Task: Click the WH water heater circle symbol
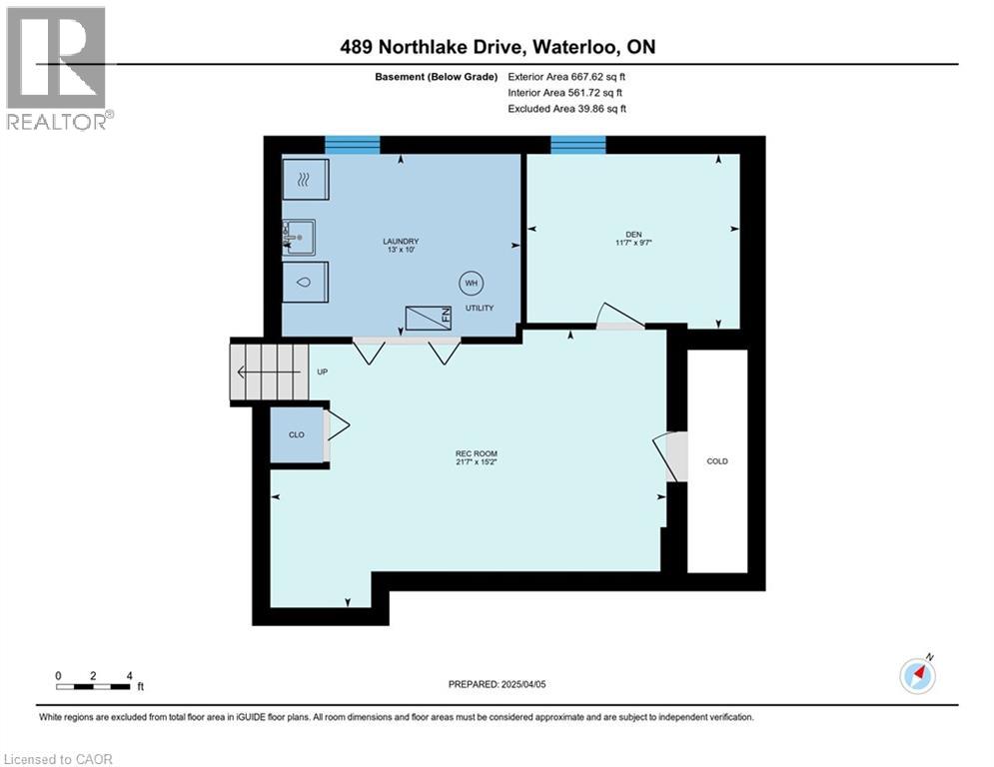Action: pyautogui.click(x=470, y=284)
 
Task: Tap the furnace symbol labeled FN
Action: pyautogui.click(x=429, y=318)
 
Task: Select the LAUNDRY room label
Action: pyautogui.click(x=401, y=241)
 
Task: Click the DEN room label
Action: pyautogui.click(x=633, y=235)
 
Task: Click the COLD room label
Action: pyautogui.click(x=717, y=461)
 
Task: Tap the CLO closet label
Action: pyautogui.click(x=297, y=434)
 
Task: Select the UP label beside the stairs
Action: pyautogui.click(x=322, y=372)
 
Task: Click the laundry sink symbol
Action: pyautogui.click(x=300, y=238)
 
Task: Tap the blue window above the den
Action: pyautogui.click(x=578, y=145)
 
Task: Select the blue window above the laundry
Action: pyautogui.click(x=352, y=145)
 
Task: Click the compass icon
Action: pyautogui.click(x=917, y=676)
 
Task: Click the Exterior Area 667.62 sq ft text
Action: pyautogui.click(x=567, y=77)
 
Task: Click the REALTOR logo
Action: pyautogui.click(x=57, y=68)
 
